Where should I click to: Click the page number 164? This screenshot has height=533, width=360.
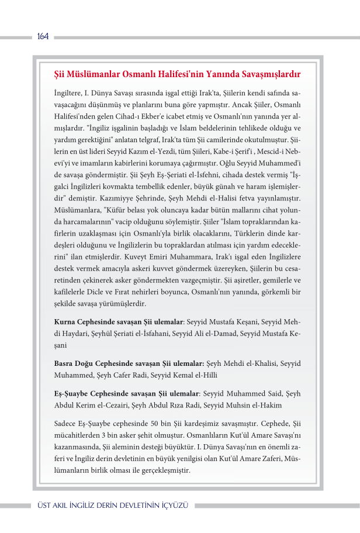click(x=42, y=37)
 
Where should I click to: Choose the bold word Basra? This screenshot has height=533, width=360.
click(x=64, y=364)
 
